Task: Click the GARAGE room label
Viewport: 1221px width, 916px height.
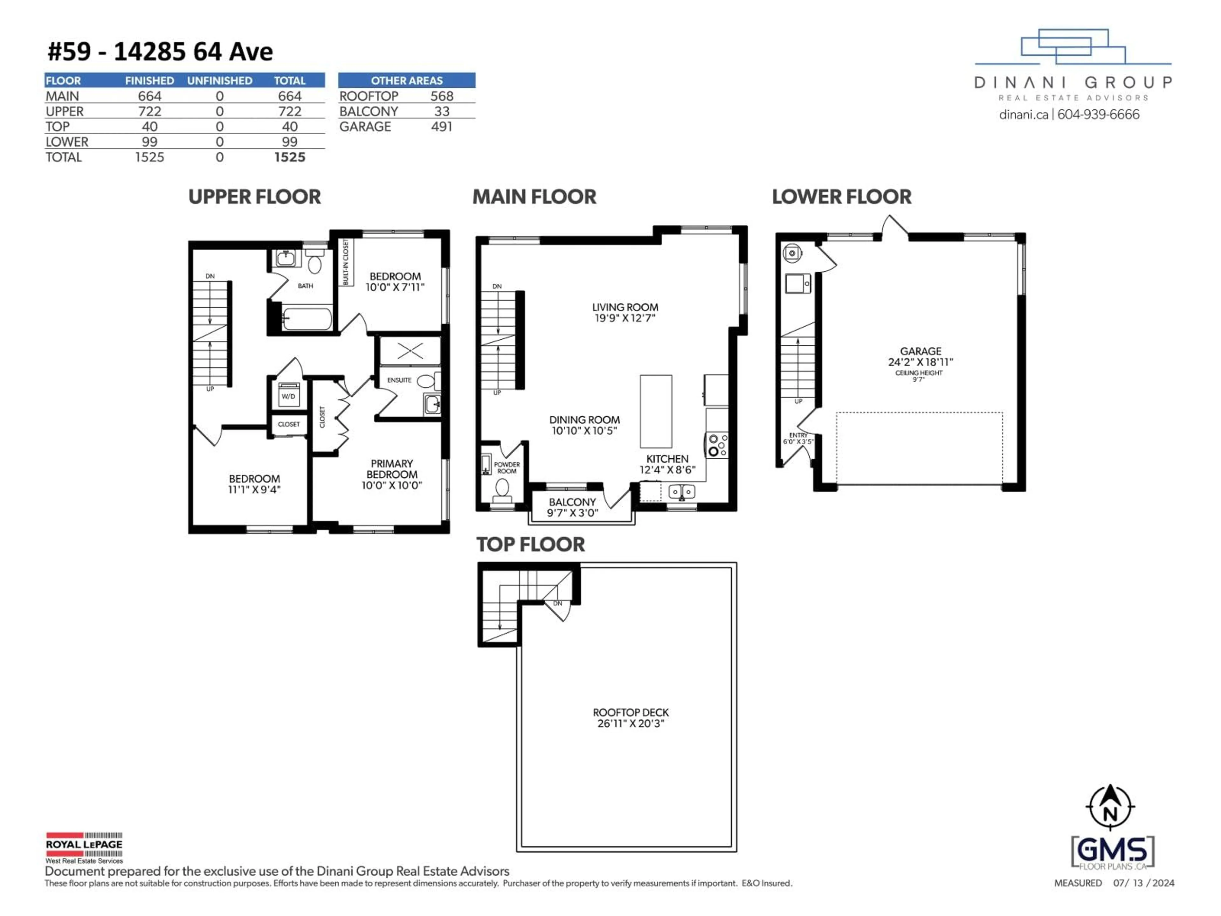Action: (920, 351)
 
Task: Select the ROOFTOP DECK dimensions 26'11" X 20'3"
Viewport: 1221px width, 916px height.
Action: (630, 723)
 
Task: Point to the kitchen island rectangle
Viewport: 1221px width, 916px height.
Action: (656, 411)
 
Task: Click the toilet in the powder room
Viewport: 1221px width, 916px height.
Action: (502, 489)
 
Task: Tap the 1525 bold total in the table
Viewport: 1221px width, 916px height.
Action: (289, 157)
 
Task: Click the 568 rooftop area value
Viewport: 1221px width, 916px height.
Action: (442, 96)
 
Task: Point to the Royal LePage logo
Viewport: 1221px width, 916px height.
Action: (84, 847)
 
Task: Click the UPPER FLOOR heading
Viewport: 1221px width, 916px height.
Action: (254, 197)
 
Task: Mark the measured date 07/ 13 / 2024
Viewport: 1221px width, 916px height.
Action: (1143, 883)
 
